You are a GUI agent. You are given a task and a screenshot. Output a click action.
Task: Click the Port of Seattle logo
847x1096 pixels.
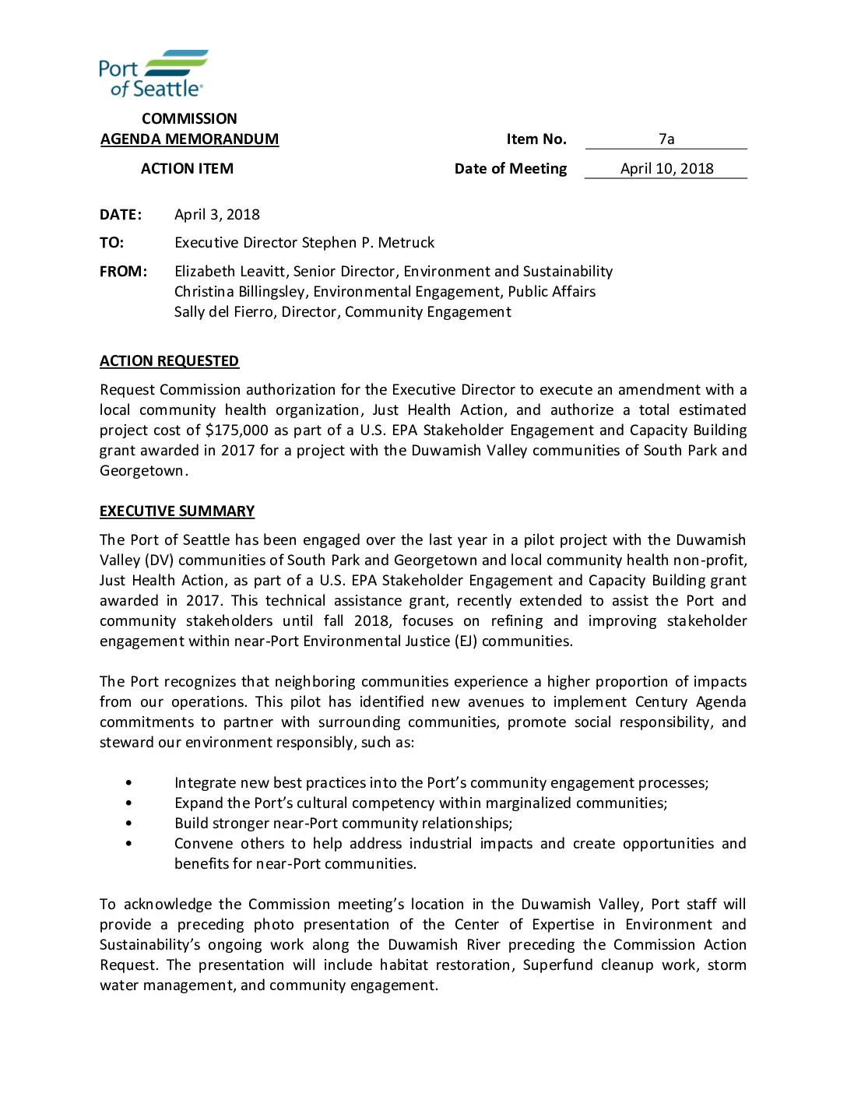tap(153, 74)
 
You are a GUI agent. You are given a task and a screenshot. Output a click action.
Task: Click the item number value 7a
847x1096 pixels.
tap(666, 139)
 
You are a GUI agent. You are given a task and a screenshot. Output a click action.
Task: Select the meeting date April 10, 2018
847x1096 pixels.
tap(666, 169)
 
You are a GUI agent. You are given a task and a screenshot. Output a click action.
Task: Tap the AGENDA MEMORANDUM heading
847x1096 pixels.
tap(189, 139)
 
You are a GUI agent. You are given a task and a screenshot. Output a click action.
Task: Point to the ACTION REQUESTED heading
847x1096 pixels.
tap(169, 361)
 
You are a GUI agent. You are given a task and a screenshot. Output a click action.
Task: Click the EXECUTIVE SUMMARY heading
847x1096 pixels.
tap(177, 511)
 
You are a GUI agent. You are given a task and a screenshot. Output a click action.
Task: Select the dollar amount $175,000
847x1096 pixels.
tap(237, 430)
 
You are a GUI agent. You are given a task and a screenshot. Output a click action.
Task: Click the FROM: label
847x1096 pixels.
tap(123, 272)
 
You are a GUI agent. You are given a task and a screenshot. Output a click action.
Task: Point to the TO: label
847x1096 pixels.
tap(111, 243)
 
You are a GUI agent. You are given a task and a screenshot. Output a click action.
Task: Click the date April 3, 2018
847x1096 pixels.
tap(217, 215)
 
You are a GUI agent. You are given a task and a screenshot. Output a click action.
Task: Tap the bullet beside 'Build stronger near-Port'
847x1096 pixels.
tap(128, 824)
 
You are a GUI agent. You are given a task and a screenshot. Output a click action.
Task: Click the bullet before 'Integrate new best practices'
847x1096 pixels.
tap(128, 783)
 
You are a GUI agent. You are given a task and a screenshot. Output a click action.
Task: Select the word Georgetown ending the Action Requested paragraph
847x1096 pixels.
tap(142, 471)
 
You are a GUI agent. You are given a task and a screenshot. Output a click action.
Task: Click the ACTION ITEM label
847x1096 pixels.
tap(187, 169)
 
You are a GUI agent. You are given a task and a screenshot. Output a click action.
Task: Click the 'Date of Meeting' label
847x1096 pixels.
tap(511, 169)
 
